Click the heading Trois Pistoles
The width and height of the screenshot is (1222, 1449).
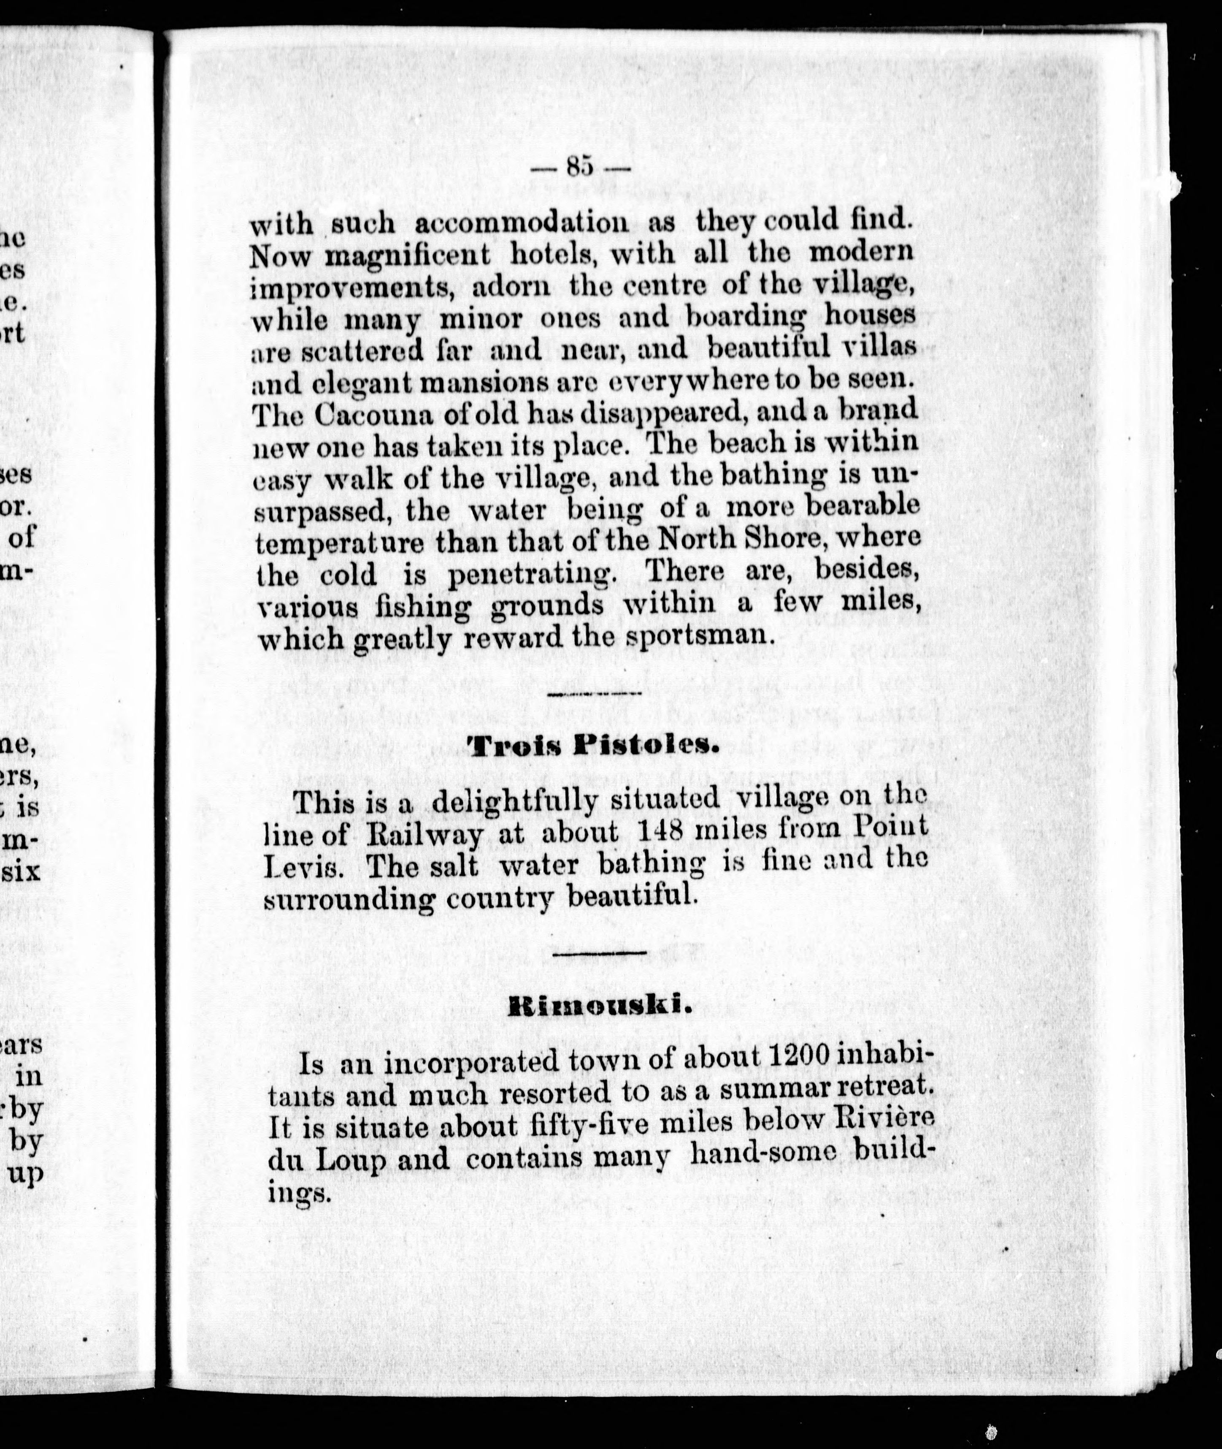590,747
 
